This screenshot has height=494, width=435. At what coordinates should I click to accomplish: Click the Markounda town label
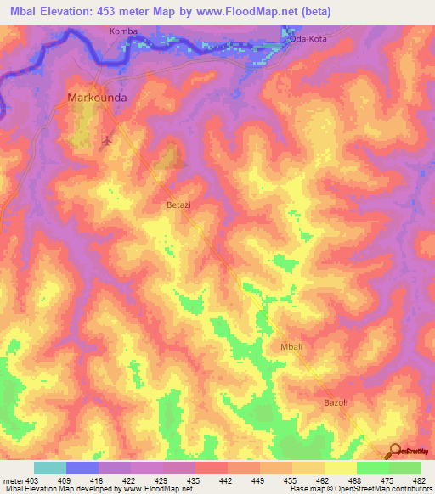point(97,98)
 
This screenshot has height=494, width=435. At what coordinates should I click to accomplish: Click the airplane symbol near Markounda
point(107,140)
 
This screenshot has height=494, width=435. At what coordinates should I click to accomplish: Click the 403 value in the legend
point(32,480)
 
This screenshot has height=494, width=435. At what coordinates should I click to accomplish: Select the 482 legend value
point(421,480)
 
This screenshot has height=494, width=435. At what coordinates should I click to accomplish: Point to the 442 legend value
point(227,480)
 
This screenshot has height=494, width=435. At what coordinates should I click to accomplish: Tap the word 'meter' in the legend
point(13,480)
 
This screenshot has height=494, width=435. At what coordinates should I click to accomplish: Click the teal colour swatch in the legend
point(50,468)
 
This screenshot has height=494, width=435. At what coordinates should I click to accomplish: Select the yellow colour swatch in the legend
point(340,468)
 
